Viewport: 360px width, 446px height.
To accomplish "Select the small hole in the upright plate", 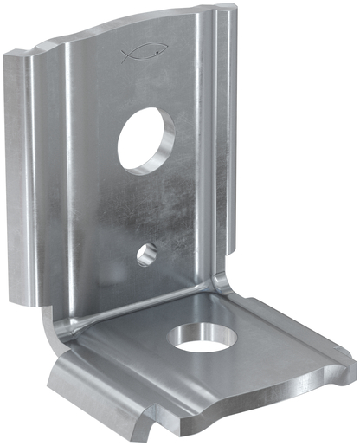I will [x=147, y=253].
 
